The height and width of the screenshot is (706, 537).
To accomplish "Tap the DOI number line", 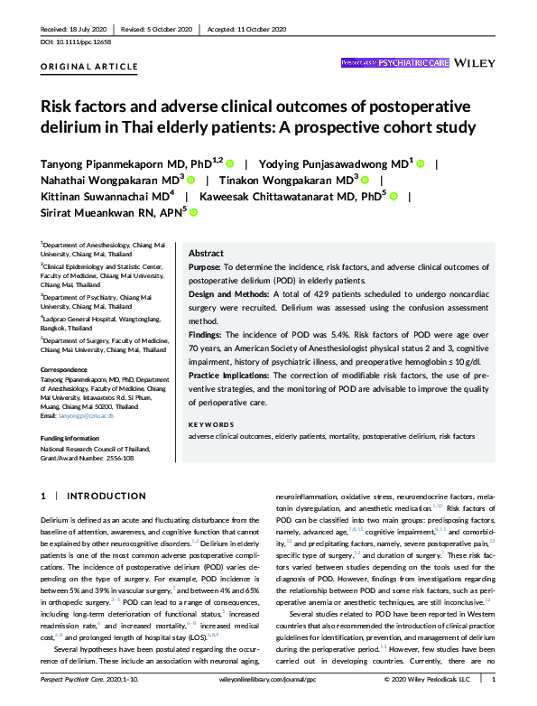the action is (78, 42).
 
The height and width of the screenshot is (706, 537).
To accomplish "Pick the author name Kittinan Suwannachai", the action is (101, 195).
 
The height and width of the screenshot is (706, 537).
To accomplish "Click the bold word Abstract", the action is (206, 255).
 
